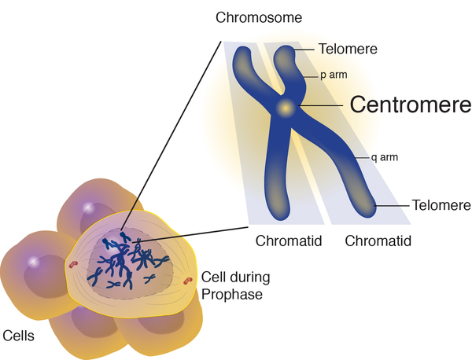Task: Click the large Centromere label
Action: [x=410, y=105]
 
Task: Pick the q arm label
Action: [x=385, y=157]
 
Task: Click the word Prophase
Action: [x=230, y=295]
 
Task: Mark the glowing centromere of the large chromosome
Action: [x=286, y=108]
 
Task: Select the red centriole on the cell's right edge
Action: [x=188, y=280]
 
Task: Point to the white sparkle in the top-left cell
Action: [x=89, y=207]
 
